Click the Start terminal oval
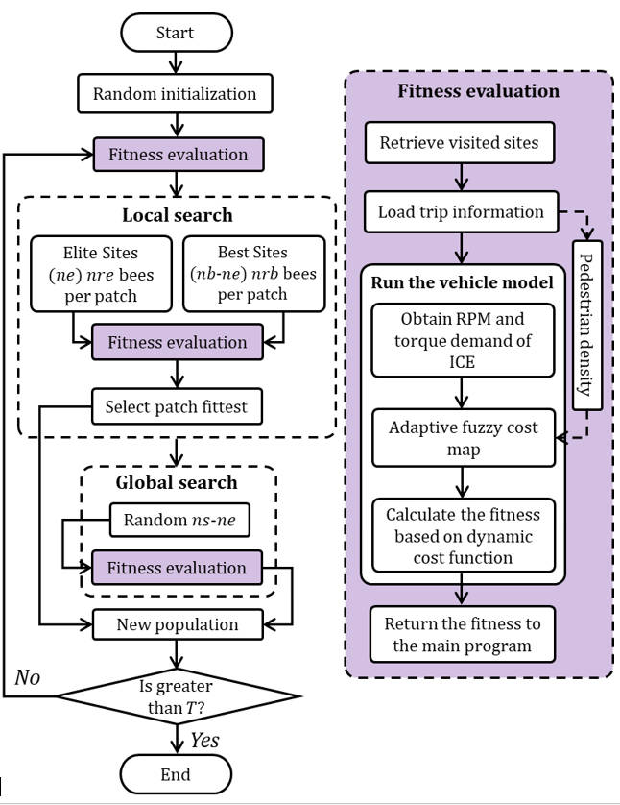(x=176, y=34)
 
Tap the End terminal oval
(x=176, y=773)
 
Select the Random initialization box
(x=175, y=94)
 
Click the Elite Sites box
(x=99, y=274)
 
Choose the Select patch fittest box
(x=176, y=406)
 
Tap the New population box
(x=177, y=624)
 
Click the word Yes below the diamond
(x=203, y=740)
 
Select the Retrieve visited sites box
(x=460, y=144)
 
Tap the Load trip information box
(x=461, y=212)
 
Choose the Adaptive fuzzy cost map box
(x=463, y=437)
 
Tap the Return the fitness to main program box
(x=463, y=634)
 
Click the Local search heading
(x=178, y=215)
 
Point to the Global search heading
(x=177, y=482)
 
